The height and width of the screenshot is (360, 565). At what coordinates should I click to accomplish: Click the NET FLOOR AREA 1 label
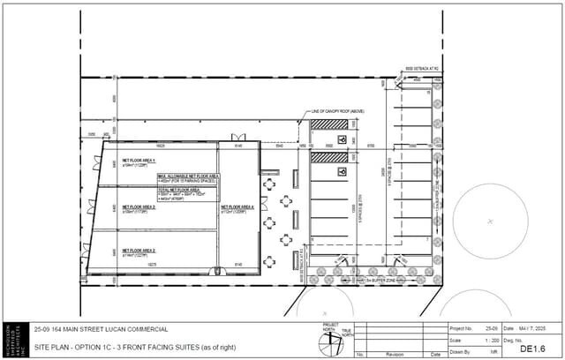[138, 160]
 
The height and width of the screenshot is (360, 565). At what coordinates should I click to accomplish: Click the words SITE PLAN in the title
[51, 348]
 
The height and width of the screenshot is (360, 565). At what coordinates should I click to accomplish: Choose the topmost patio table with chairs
[270, 184]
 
